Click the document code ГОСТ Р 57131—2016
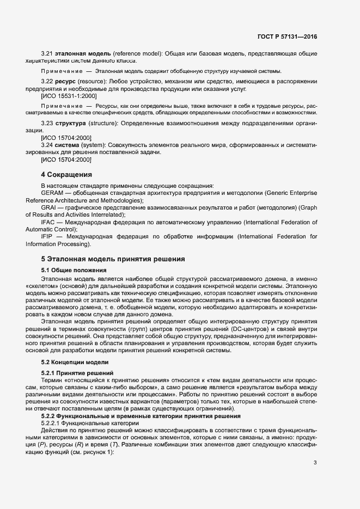(287, 36)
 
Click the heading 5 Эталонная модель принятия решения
(113, 259)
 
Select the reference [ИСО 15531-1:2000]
(69, 96)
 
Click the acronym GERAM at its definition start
(52, 193)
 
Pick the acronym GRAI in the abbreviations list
(49, 208)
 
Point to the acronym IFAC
(48, 223)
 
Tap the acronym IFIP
(48, 237)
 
